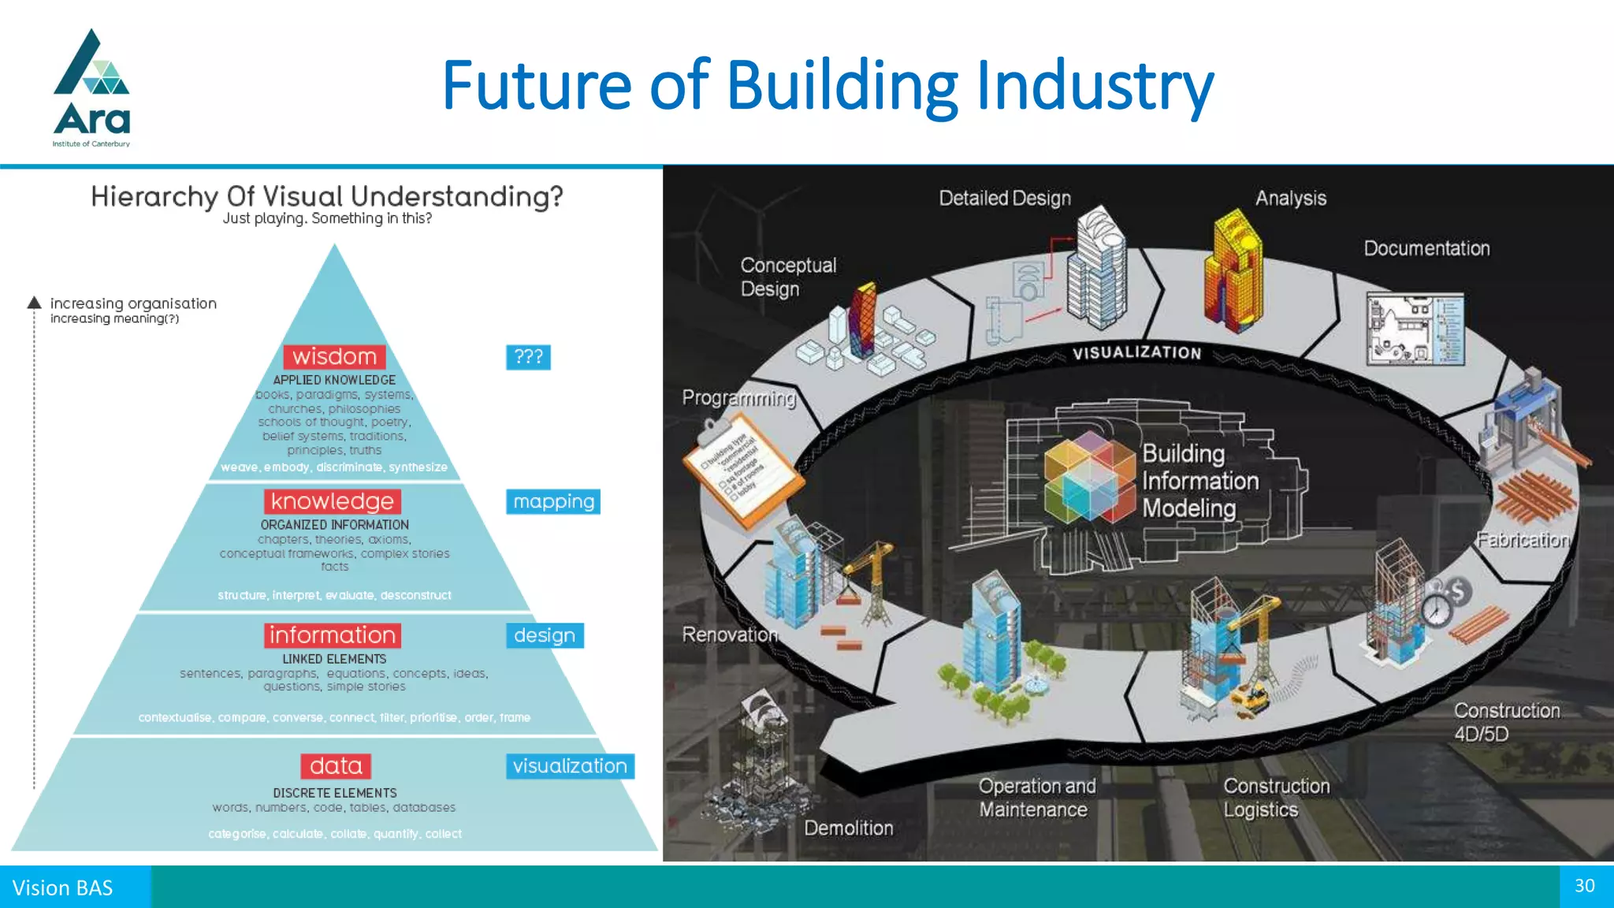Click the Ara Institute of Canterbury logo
tap(91, 88)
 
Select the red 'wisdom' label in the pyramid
tap(334, 357)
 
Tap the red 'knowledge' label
tap(332, 501)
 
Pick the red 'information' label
tap(333, 635)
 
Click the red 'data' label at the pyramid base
tap(336, 766)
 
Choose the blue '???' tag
tap(528, 357)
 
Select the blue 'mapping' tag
tap(553, 501)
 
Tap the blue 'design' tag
tap(545, 635)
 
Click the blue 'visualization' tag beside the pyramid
tap(570, 766)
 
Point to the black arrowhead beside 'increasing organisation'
tap(34, 303)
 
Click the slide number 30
tap(1585, 886)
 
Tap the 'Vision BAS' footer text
tap(63, 888)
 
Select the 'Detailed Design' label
tap(1005, 199)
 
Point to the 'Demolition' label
tap(849, 828)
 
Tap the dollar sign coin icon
tap(1458, 591)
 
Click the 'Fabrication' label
tap(1523, 540)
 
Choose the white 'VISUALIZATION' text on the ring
tap(1136, 353)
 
